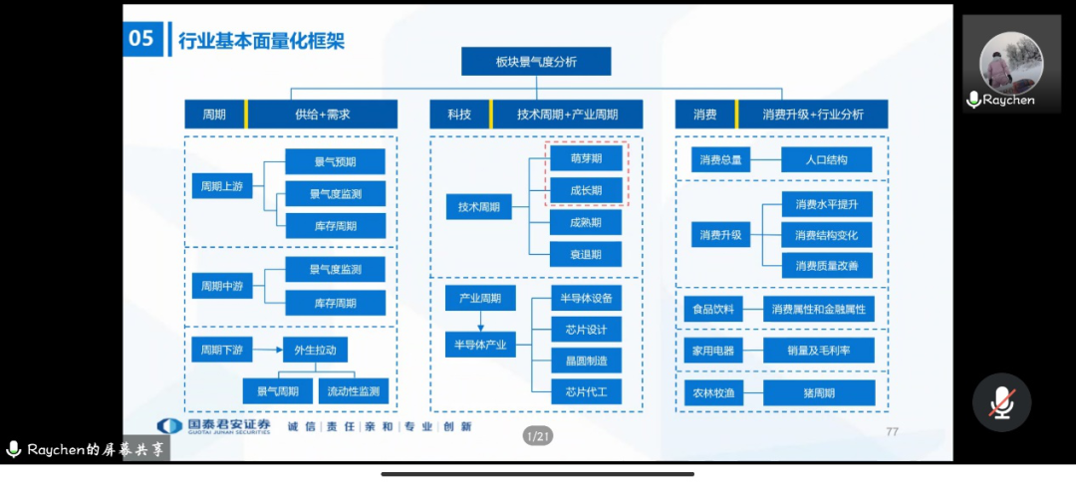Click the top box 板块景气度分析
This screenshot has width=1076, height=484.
pos(535,62)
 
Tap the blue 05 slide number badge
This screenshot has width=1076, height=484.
pos(142,39)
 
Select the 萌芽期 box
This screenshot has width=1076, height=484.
pos(586,158)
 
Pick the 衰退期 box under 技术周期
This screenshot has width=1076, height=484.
pos(586,254)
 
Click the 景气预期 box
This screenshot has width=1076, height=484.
pos(335,161)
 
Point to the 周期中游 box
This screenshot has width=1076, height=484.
pos(222,286)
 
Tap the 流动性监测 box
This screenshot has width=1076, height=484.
pos(352,391)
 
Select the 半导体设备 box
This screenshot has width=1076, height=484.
pos(586,297)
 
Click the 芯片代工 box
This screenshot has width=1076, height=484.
pos(586,391)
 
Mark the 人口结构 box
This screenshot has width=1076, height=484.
pos(826,159)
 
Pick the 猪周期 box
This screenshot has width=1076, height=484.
pos(818,392)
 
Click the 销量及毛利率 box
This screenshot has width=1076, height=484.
pos(818,350)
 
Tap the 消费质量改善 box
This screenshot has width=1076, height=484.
pos(826,266)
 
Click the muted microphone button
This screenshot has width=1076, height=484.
pos(1001,401)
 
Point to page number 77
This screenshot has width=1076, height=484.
pos(892,431)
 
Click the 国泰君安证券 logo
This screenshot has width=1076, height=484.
pos(215,426)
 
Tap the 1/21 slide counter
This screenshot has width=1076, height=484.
pos(538,436)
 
